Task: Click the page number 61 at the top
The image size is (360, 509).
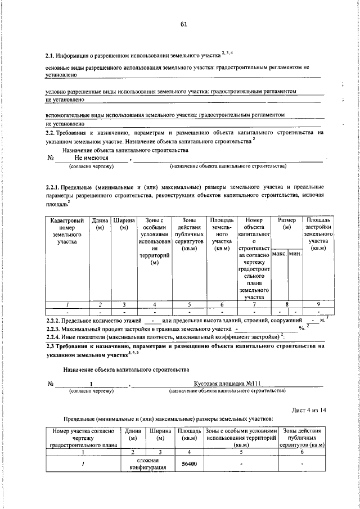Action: tap(183, 24)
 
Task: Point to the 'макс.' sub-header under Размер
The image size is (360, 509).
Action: tap(279, 255)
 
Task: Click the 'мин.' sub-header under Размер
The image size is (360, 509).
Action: tap(295, 255)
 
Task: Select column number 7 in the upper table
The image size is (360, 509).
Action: tap(254, 304)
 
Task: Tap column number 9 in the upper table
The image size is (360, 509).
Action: tap(318, 304)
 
